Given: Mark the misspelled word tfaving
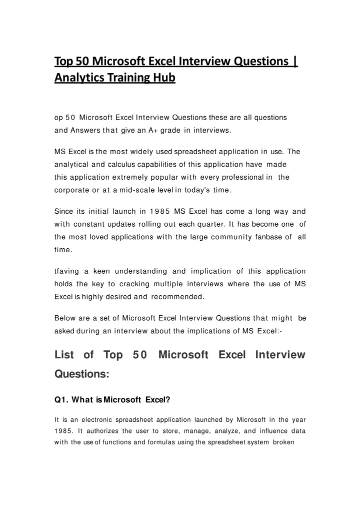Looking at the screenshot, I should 67,271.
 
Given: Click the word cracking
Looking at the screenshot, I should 114,284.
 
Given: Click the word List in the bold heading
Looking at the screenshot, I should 64,355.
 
